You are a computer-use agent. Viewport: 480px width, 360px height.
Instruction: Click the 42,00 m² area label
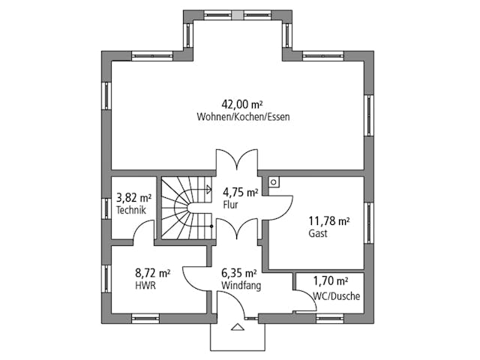click(243, 104)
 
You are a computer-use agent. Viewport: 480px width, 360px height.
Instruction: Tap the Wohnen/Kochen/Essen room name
click(243, 117)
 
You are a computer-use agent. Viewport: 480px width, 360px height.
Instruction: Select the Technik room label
click(133, 211)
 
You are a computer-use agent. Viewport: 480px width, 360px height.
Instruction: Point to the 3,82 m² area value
click(134, 198)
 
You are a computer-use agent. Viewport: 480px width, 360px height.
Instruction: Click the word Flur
click(230, 204)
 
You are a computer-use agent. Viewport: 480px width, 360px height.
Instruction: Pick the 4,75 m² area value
click(240, 192)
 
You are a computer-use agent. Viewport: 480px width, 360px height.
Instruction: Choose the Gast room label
click(318, 233)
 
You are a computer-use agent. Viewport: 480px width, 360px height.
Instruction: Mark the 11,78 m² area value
click(329, 220)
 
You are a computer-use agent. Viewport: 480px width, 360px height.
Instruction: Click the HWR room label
click(145, 286)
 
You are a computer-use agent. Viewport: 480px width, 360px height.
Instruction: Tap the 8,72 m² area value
click(152, 273)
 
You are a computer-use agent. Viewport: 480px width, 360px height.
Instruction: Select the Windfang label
click(241, 286)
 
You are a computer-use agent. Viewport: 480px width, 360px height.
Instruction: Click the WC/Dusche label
click(337, 295)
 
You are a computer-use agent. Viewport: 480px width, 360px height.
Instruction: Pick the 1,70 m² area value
click(331, 281)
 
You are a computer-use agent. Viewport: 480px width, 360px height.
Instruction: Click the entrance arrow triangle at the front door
click(238, 327)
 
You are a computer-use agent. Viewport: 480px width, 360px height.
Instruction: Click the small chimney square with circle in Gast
click(274, 181)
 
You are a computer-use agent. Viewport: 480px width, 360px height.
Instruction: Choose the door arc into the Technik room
click(145, 233)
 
